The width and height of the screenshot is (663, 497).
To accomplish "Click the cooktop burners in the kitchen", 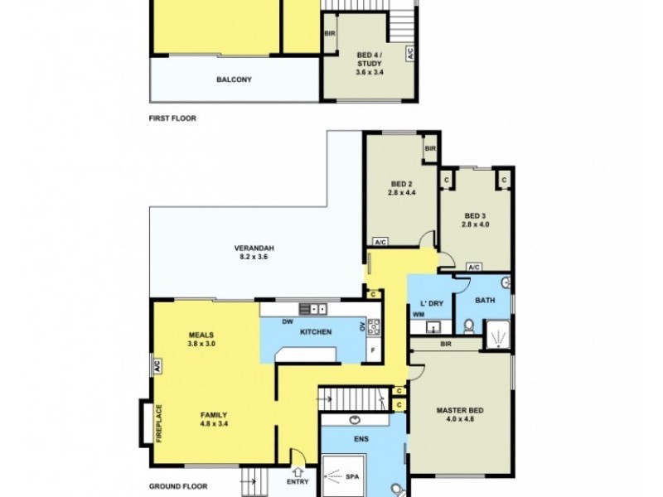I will pos(374,326).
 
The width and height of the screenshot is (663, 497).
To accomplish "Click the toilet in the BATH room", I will pos(469,324).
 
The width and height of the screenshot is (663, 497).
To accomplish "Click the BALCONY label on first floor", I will pos(234,80).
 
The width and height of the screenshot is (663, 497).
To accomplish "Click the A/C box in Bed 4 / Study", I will pos(409,53).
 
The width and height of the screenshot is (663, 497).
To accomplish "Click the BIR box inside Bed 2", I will pos(430,148).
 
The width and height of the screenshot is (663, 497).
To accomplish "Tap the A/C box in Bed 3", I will pos(474,268).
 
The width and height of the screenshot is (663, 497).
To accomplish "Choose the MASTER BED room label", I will pos(461,412).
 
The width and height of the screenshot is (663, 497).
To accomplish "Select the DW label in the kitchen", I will pos(286,321).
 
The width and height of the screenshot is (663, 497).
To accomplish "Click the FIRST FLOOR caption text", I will pos(172,118).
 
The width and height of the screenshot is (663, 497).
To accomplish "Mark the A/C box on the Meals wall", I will pos(154,364).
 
